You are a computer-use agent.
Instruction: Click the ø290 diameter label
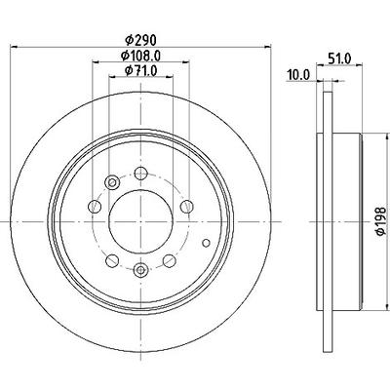click(x=141, y=40)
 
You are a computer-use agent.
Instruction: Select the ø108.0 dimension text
click(x=140, y=56)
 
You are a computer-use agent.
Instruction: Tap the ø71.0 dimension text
click(x=140, y=70)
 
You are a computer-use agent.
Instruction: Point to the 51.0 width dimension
click(x=339, y=58)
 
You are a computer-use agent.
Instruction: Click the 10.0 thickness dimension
click(x=298, y=75)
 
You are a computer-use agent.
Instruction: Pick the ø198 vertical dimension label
click(x=380, y=221)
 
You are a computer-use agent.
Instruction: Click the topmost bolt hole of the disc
click(x=140, y=174)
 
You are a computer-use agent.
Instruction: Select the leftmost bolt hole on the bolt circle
click(x=95, y=207)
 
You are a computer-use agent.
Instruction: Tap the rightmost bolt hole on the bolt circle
click(x=187, y=207)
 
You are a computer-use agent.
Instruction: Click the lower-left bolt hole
click(x=112, y=260)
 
